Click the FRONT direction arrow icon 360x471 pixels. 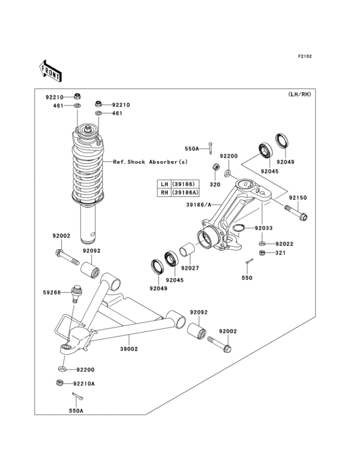[50, 70]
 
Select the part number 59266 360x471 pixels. [52, 293]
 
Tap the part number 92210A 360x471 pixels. [84, 383]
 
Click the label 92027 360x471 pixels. [190, 268]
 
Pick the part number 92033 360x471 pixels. [264, 228]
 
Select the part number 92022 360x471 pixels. [285, 244]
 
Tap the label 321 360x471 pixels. [280, 254]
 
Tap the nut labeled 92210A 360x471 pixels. [60, 383]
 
